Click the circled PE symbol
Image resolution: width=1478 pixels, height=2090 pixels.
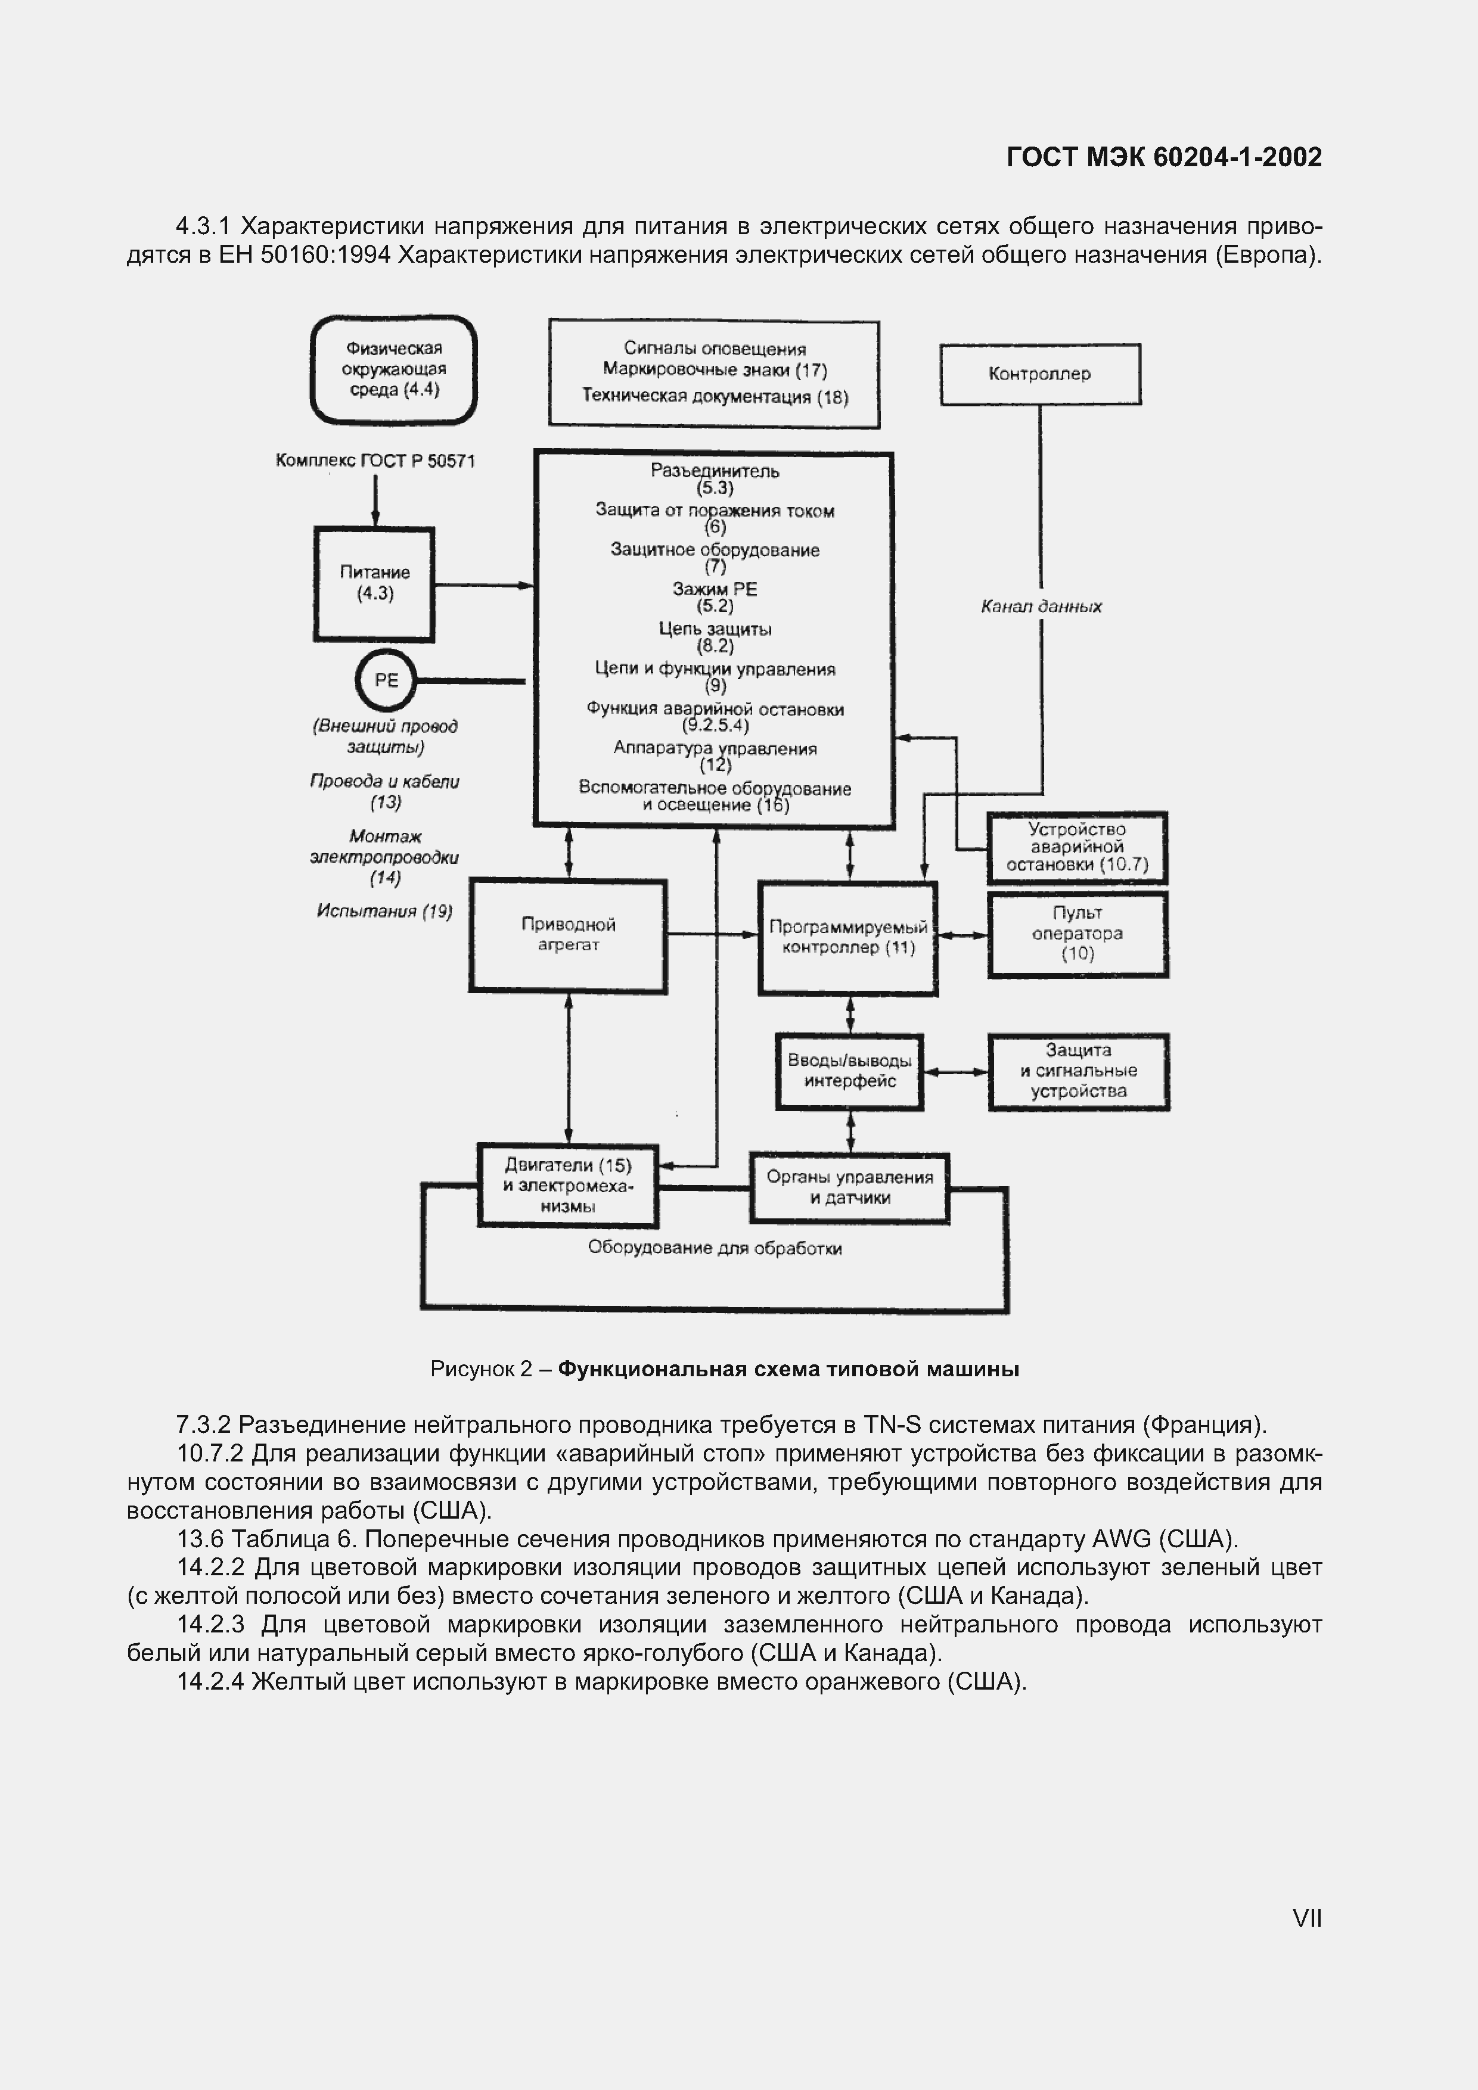(x=385, y=680)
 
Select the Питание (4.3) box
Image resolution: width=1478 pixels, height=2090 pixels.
(x=374, y=583)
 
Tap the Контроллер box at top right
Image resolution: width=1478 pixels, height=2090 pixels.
(x=1040, y=374)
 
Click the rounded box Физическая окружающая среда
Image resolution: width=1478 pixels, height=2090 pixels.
(x=393, y=369)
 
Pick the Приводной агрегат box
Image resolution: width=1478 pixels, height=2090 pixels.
(x=568, y=935)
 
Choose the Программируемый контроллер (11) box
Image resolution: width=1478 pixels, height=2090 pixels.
(x=848, y=938)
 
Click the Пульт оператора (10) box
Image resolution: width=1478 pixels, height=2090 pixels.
(x=1078, y=934)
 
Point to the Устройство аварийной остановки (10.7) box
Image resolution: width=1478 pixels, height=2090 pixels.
(x=1078, y=847)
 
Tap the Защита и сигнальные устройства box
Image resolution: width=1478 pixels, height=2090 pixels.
(x=1078, y=1071)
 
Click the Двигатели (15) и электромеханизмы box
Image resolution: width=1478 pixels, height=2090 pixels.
(x=567, y=1185)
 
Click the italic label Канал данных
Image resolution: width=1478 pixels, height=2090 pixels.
(x=1041, y=607)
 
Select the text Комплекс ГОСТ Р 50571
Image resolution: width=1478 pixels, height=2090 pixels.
(x=375, y=461)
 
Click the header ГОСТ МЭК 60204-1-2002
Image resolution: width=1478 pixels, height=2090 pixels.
(x=1164, y=157)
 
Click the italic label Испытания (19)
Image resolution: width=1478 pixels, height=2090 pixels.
(x=384, y=911)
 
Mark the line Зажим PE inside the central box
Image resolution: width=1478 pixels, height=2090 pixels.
(x=715, y=590)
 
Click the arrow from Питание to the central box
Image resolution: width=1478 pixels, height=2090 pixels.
(x=483, y=585)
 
